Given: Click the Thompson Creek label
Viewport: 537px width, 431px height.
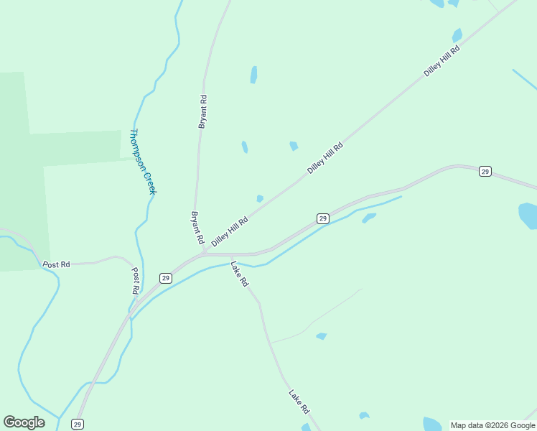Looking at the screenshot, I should click(x=143, y=162).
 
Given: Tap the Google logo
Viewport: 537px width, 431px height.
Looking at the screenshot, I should click(x=24, y=422).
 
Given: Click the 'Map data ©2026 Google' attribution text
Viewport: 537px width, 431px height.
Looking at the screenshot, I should click(x=493, y=425).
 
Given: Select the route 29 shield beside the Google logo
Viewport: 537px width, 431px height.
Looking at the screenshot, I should click(x=78, y=425).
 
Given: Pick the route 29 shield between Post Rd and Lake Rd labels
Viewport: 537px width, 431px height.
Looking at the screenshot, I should click(x=166, y=278).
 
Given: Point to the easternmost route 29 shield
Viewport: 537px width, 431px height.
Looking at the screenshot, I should click(x=485, y=172).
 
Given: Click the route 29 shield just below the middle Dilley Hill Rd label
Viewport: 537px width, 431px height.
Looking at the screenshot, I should click(x=323, y=218).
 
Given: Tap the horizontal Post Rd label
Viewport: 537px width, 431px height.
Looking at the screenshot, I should click(x=56, y=264).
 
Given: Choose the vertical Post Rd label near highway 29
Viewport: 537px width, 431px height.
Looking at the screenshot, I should click(x=135, y=281).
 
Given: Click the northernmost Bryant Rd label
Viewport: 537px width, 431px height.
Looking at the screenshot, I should click(x=202, y=111).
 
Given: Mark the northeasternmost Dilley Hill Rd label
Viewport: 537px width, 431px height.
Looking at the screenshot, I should click(x=441, y=60).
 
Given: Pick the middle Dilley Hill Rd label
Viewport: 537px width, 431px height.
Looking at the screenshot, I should click(x=325, y=158).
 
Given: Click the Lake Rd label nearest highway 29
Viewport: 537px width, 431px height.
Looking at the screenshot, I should click(x=239, y=274).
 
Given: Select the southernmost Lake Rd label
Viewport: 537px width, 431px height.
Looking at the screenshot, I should click(x=299, y=402).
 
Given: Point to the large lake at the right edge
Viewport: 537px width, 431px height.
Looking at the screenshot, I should click(x=528, y=215).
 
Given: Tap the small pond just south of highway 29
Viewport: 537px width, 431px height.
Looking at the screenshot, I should click(x=369, y=217).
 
